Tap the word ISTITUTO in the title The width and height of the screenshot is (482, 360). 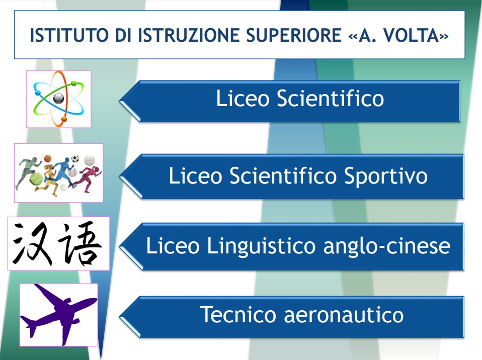[69, 35]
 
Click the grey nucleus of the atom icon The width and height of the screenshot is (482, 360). [58, 99]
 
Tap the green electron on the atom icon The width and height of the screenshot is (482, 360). [74, 83]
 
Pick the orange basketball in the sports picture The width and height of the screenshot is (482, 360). [47, 158]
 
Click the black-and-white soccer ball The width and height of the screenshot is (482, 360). [75, 159]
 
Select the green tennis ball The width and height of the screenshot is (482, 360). [36, 178]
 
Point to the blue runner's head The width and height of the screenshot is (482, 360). [67, 160]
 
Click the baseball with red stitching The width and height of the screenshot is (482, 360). [73, 172]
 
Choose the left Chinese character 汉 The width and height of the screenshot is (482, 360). [32, 243]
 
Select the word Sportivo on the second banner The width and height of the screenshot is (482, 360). [386, 176]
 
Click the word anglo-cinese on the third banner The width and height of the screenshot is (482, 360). [387, 246]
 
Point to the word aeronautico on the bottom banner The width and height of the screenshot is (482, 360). [344, 315]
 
